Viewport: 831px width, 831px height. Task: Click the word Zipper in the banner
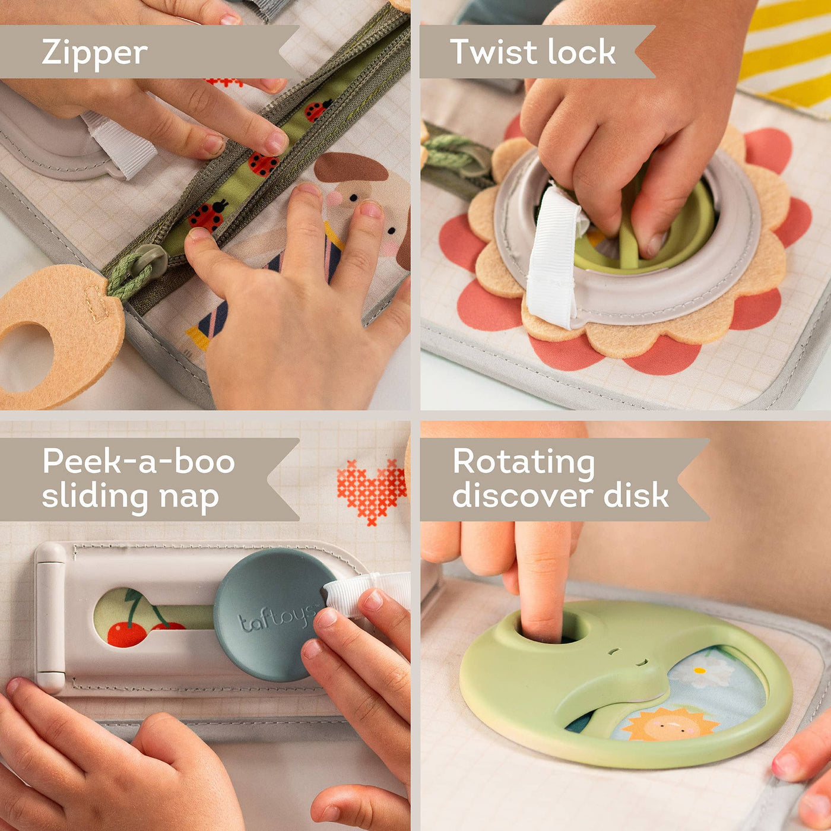(x=94, y=53)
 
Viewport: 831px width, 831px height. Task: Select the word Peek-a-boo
(x=138, y=462)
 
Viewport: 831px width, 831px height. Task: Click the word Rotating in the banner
(x=524, y=462)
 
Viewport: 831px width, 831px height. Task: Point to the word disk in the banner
(x=636, y=496)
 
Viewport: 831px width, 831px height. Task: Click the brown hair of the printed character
(x=350, y=167)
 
